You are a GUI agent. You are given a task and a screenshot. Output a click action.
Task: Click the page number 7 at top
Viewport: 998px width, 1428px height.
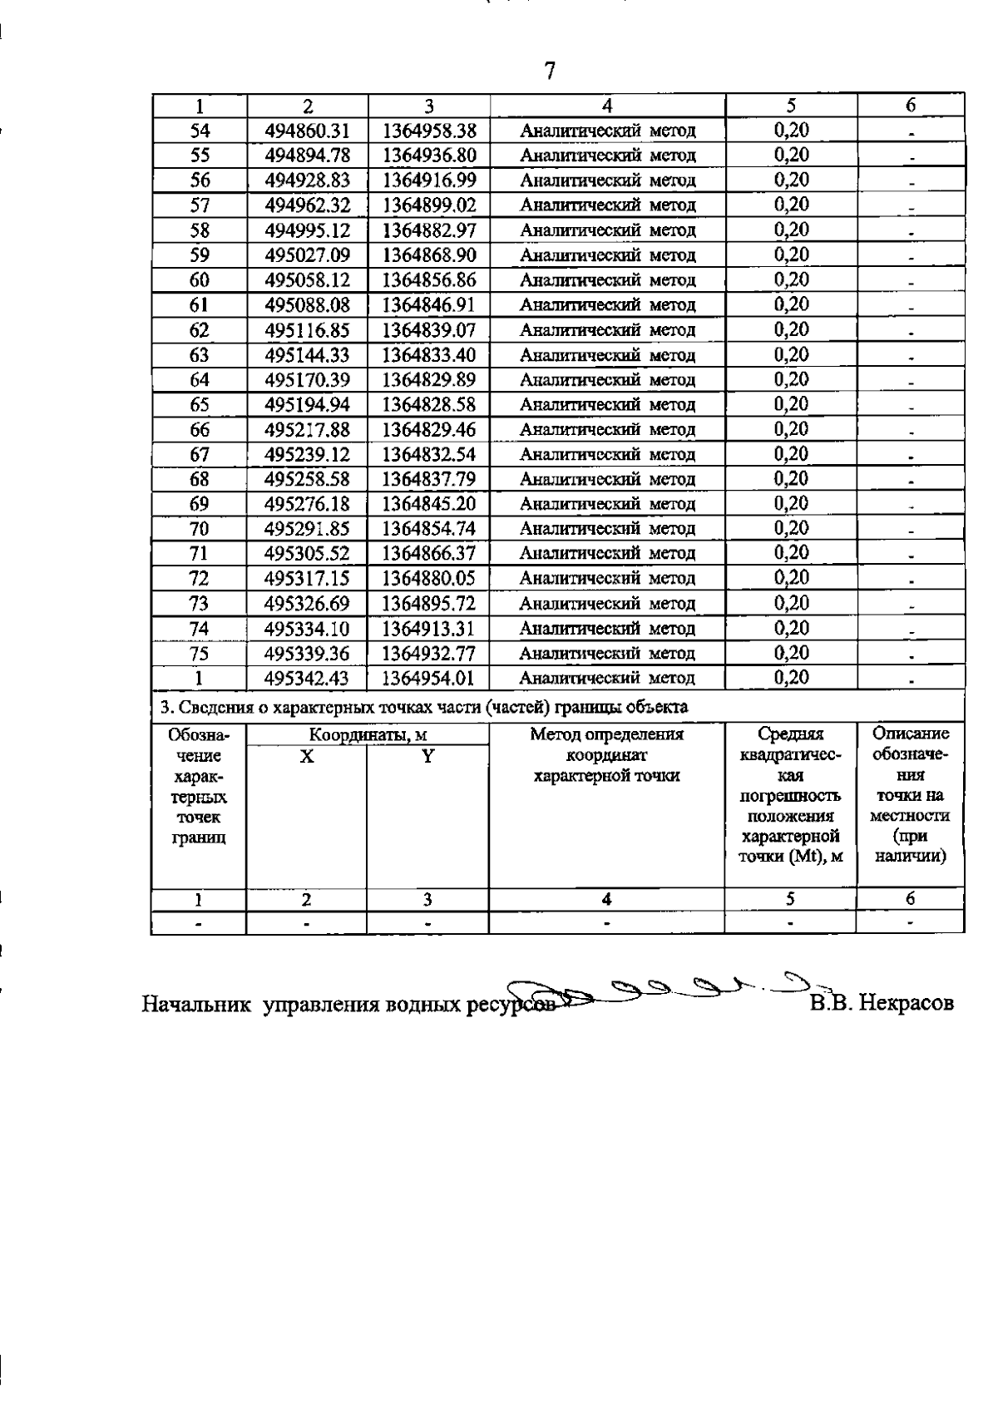pos(549,71)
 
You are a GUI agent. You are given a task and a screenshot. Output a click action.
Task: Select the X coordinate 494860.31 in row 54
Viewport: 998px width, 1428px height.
pos(307,131)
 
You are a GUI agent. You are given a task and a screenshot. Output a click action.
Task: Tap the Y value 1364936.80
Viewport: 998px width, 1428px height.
pos(428,156)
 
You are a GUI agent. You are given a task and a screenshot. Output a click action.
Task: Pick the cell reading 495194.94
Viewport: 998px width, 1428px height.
pos(307,405)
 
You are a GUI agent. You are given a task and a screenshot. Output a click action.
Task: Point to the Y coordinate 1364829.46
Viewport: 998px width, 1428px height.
pos(428,430)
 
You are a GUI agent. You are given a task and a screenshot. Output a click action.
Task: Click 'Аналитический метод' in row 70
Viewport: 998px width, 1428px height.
pos(607,529)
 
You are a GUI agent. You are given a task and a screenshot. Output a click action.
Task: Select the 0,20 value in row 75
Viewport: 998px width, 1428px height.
pos(791,653)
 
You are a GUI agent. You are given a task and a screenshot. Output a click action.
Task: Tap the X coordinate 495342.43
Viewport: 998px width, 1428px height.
pos(307,678)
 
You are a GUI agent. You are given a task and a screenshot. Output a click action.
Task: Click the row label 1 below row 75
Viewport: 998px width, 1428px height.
pos(199,678)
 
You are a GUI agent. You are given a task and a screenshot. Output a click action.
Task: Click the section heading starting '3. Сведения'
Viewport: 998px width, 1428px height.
pos(423,708)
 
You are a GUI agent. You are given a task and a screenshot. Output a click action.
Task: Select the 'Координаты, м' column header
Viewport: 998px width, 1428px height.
pos(368,735)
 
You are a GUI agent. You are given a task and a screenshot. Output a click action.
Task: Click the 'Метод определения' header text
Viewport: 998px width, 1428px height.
pos(606,734)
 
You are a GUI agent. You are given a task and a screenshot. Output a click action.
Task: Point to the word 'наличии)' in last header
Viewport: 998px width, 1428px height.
pos(911,856)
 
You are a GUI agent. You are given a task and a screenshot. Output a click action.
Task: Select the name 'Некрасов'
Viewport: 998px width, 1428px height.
pos(906,1003)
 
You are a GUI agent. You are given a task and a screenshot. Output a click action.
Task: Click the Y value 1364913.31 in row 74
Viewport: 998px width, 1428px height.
pos(428,629)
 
